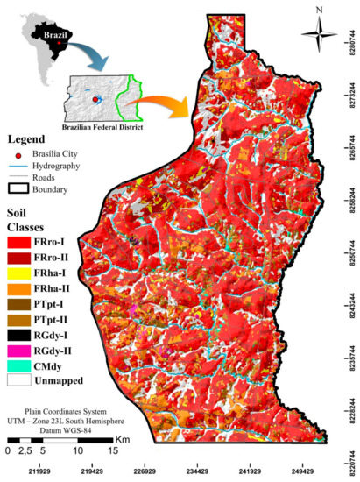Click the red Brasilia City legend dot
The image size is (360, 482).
click(18, 152)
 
